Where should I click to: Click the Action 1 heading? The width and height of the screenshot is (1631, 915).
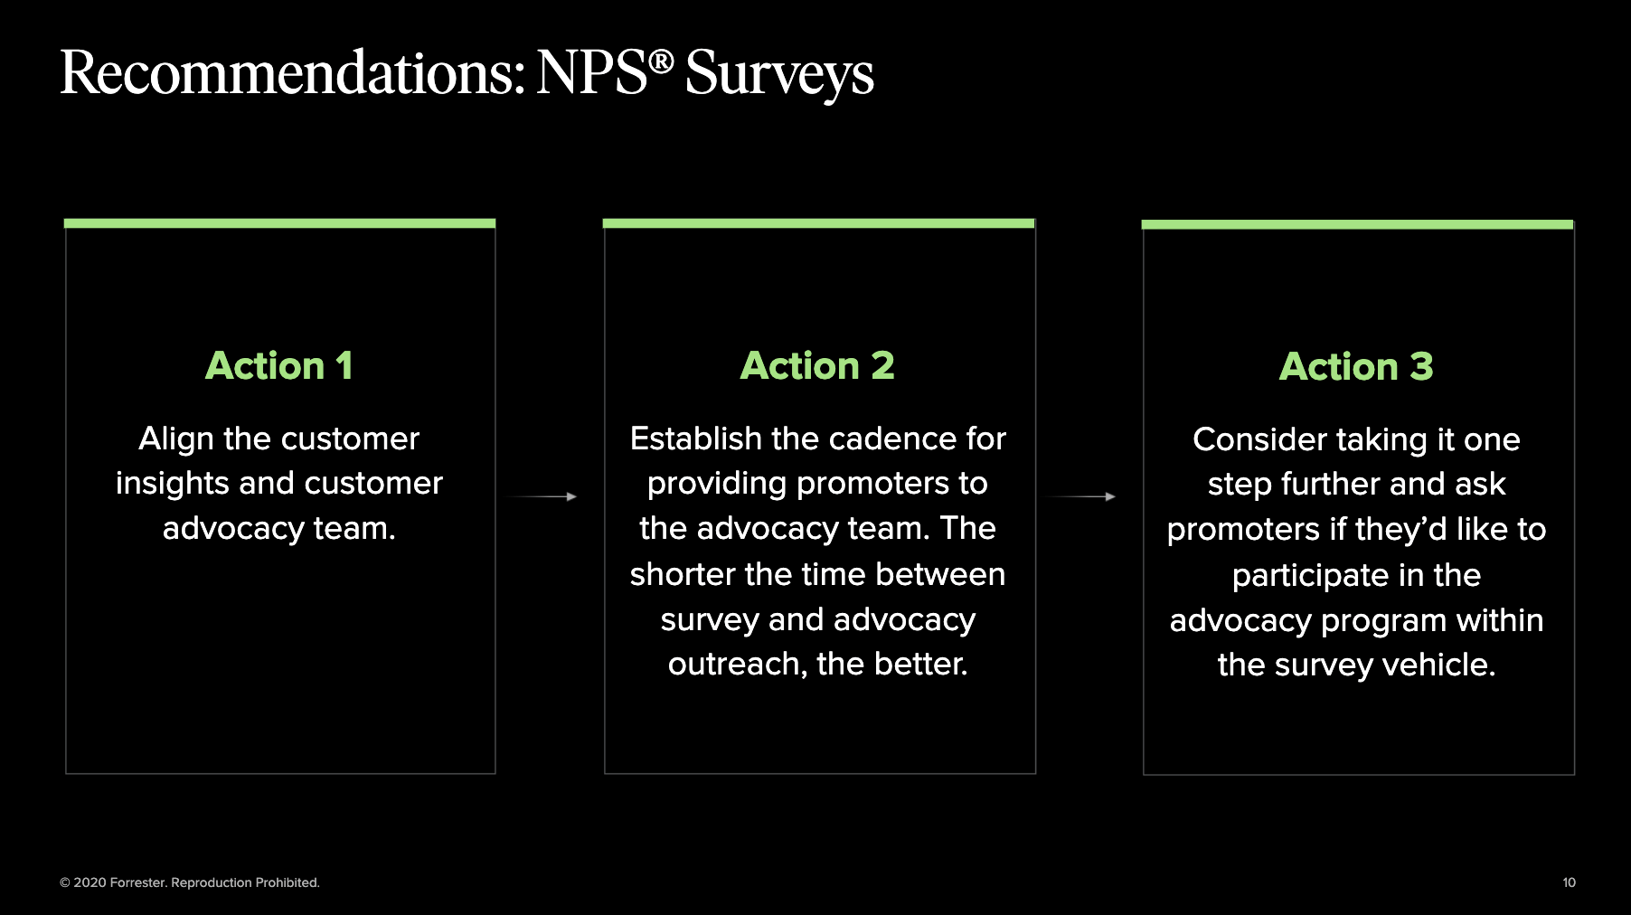pos(279,366)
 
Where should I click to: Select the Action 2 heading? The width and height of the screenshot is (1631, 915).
pos(817,366)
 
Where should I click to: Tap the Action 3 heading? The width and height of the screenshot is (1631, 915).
pos(1356,367)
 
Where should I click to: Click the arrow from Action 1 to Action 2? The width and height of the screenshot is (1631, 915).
pos(541,496)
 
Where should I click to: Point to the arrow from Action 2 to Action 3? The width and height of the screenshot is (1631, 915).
pos(1079,496)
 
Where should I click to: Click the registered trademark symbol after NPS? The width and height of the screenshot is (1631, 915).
pos(661,61)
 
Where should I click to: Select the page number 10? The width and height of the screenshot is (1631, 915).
pos(1569,882)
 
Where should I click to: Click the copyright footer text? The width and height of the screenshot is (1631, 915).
pos(190,882)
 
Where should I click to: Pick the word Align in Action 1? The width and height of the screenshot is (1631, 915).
pos(176,439)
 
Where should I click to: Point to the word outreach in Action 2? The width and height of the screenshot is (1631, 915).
pos(738,665)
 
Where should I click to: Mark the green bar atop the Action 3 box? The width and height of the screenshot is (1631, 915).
pos(1357,224)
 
